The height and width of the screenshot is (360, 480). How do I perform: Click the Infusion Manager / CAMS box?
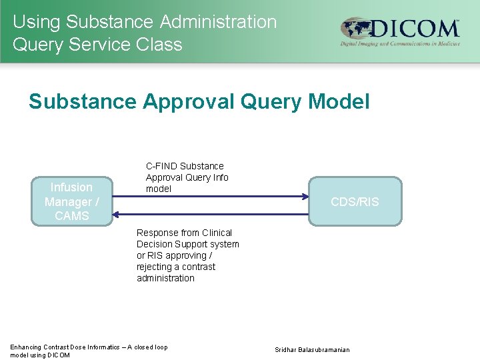click(x=71, y=201)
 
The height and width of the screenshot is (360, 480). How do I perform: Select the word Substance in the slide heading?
click(x=82, y=101)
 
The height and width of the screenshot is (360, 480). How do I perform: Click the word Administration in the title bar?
click(x=218, y=21)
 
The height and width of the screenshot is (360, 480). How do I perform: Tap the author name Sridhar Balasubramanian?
click(x=312, y=350)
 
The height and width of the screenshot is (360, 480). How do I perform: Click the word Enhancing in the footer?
click(x=25, y=347)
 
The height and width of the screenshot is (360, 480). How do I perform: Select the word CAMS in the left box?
click(x=71, y=216)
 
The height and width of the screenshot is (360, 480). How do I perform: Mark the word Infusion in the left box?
click(x=71, y=187)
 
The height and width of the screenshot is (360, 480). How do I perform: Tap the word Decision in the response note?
click(x=156, y=244)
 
